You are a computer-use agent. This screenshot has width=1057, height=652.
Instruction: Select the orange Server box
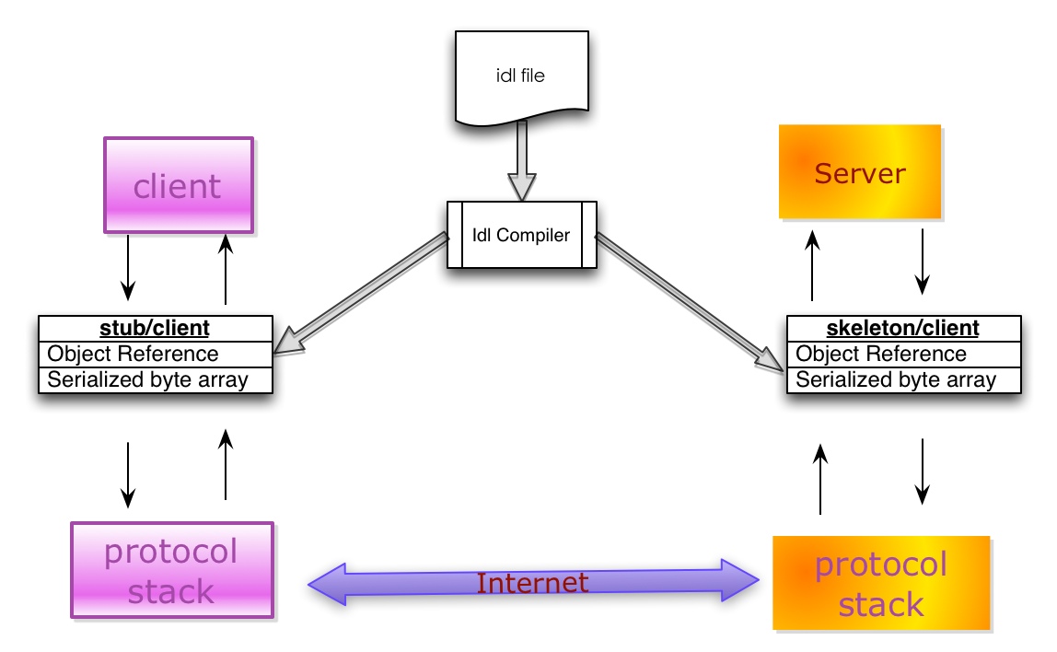click(860, 172)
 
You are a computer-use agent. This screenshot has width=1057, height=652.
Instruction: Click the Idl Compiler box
click(521, 235)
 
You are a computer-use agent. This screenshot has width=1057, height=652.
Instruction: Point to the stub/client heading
click(155, 328)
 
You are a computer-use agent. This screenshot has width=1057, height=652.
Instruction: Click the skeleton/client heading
click(903, 328)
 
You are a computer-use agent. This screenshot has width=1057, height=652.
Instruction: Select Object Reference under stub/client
click(134, 354)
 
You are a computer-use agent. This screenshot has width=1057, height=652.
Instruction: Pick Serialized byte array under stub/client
click(147, 379)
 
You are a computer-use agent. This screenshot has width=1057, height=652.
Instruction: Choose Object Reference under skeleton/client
click(881, 354)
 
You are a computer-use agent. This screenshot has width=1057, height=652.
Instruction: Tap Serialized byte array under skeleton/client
click(896, 379)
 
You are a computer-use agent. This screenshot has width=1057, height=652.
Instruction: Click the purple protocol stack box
click(172, 569)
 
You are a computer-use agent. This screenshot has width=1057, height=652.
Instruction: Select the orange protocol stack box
click(881, 583)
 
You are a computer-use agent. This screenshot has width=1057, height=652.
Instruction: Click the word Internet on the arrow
click(532, 583)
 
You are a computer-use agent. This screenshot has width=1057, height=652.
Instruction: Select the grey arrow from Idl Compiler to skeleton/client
click(691, 300)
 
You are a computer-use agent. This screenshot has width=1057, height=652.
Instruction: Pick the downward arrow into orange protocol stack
click(922, 471)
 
